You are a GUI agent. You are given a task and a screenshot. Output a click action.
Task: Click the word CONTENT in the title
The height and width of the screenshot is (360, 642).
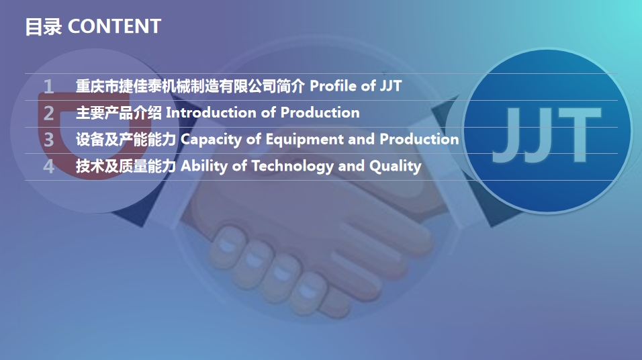pos(115,26)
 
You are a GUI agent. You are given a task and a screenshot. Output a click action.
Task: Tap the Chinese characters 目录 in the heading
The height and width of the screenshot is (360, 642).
pos(44,27)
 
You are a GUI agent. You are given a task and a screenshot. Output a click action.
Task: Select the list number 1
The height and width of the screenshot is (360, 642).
pos(48,86)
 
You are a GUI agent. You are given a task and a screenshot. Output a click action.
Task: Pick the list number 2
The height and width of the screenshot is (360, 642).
pos(48,113)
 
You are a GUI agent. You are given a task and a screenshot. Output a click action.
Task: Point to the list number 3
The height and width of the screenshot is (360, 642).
pos(48,140)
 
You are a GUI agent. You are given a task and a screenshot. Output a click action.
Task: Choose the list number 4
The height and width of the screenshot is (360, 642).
pos(48,167)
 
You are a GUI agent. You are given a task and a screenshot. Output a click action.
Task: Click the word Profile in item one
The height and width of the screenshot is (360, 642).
pos(332,86)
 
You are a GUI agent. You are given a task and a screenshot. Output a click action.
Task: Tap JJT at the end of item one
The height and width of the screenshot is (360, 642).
pos(390,86)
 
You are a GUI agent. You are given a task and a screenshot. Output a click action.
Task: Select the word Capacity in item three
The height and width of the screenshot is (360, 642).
pos(207,140)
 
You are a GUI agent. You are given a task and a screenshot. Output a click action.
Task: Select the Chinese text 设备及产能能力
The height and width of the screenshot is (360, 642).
pos(126,140)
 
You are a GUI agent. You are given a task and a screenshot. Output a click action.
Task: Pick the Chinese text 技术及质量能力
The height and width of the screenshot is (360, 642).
pos(126,167)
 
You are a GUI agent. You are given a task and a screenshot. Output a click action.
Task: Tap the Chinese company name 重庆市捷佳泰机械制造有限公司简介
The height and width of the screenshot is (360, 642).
pos(190,86)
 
